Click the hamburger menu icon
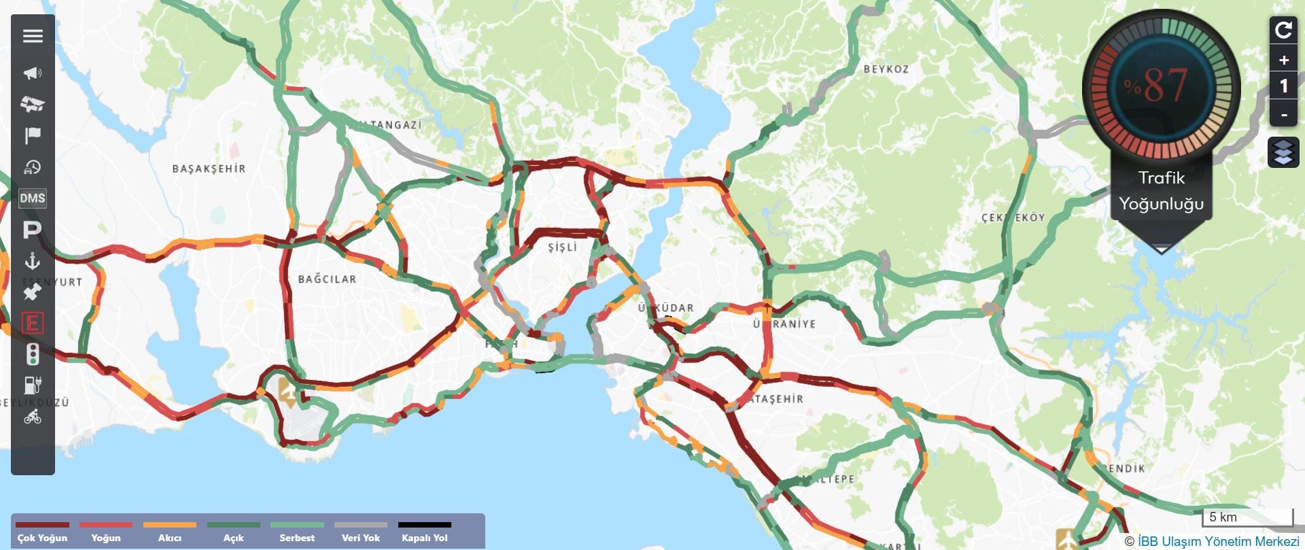pyautogui.click(x=33, y=36)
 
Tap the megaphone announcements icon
pyautogui.click(x=33, y=73)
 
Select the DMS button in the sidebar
pyautogui.click(x=33, y=199)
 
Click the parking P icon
pyautogui.click(x=32, y=230)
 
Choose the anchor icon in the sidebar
pyautogui.click(x=33, y=261)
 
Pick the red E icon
pyautogui.click(x=32, y=323)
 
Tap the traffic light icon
pyautogui.click(x=32, y=354)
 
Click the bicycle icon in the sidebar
pyautogui.click(x=33, y=417)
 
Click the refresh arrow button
pyautogui.click(x=1283, y=30)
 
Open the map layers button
pyautogui.click(x=1283, y=152)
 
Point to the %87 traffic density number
pyautogui.click(x=1161, y=86)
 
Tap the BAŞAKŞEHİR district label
pyautogui.click(x=209, y=169)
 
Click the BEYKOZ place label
pyautogui.click(x=886, y=69)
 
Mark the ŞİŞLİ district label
pyautogui.click(x=562, y=247)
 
